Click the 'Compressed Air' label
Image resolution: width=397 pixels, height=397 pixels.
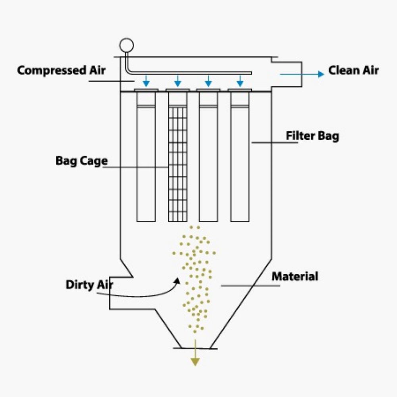point(62,71)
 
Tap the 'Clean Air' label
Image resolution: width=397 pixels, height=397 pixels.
point(353,71)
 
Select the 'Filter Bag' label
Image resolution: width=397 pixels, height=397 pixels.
point(313,136)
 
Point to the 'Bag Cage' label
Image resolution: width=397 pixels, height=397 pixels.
point(81,161)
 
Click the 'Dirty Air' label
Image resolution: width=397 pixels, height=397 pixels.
point(89,285)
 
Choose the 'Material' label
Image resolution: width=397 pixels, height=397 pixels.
point(295,276)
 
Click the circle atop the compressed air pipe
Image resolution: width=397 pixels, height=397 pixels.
point(126,44)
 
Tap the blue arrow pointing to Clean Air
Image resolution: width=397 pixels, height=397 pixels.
point(302,74)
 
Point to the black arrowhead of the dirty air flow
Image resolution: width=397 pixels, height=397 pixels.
point(177,281)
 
